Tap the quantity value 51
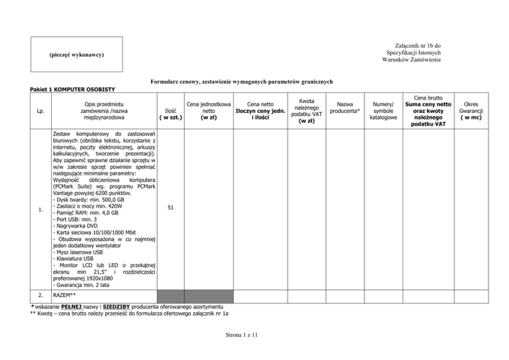(170, 208)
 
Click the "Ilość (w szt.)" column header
(170, 113)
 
